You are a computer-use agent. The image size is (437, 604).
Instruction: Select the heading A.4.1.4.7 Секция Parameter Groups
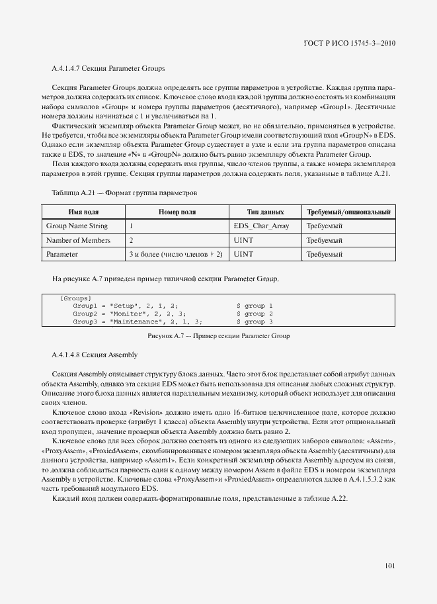[x=108, y=68]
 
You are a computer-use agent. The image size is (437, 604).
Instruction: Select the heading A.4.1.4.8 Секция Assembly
[x=95, y=355]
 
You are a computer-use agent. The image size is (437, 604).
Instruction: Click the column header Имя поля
[x=83, y=212]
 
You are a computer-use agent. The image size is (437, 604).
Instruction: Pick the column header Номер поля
[x=177, y=212]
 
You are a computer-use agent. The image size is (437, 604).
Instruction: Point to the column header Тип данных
[x=265, y=212]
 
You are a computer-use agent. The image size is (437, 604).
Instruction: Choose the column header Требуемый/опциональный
[x=348, y=212]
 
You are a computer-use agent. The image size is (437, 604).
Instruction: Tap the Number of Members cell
[x=78, y=240]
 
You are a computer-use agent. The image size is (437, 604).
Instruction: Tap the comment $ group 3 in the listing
[x=255, y=322]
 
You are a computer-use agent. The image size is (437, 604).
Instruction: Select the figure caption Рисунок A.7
[x=219, y=336]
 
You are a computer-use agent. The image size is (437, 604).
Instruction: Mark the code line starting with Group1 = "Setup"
[x=125, y=306]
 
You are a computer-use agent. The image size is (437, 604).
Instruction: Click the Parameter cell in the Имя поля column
[x=62, y=254]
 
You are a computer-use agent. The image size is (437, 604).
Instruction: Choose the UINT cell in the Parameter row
[x=244, y=254]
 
